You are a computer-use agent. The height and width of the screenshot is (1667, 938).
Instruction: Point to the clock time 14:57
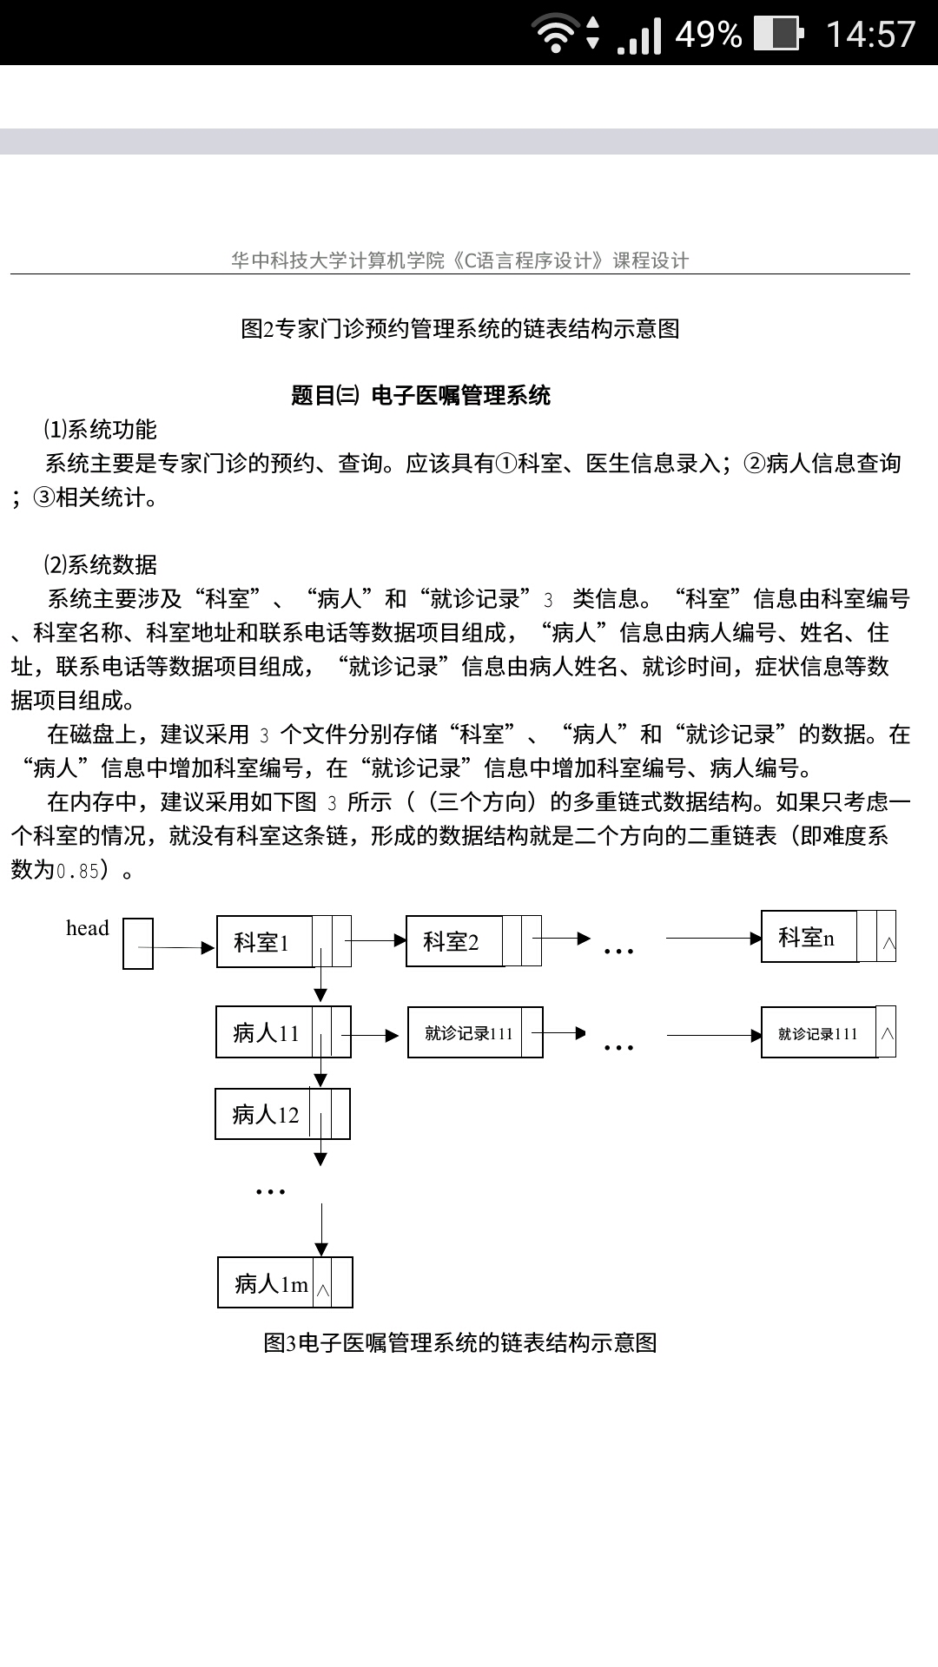pyautogui.click(x=870, y=34)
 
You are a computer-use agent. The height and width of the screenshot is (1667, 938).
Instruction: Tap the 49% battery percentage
pyautogui.click(x=709, y=34)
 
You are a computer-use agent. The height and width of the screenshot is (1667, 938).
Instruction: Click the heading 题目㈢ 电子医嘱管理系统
pyautogui.click(x=421, y=396)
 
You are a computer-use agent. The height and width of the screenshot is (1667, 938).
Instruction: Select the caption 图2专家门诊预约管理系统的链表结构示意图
pyautogui.click(x=460, y=329)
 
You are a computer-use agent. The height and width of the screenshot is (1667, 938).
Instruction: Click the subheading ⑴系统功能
pyautogui.click(x=101, y=430)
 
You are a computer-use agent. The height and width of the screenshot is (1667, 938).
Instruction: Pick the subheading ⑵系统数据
pyautogui.click(x=101, y=565)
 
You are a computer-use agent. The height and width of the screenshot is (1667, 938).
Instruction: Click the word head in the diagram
pyautogui.click(x=88, y=928)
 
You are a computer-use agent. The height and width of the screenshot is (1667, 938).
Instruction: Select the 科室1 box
pyautogui.click(x=284, y=941)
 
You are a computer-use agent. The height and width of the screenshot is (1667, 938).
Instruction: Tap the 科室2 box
pyautogui.click(x=473, y=941)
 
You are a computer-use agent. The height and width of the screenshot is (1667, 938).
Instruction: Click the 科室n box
pyautogui.click(x=829, y=936)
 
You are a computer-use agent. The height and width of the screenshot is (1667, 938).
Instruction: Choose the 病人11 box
pyautogui.click(x=283, y=1032)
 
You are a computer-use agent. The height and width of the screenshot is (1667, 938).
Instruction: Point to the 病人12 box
pyautogui.click(x=282, y=1114)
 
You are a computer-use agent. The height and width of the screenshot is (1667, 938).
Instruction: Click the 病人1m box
pyautogui.click(x=285, y=1282)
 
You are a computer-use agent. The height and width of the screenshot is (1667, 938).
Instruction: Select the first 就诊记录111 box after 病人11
pyautogui.click(x=475, y=1032)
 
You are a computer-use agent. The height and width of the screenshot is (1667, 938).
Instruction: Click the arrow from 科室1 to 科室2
pyautogui.click(x=375, y=940)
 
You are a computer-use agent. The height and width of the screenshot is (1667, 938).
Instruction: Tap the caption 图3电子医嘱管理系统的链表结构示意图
pyautogui.click(x=460, y=1343)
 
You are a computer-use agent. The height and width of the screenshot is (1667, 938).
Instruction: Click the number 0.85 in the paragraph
pyautogui.click(x=78, y=871)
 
